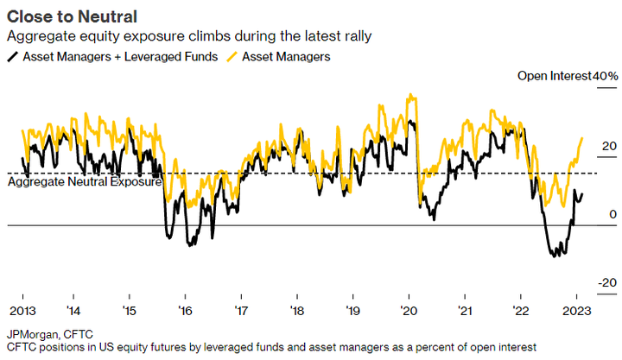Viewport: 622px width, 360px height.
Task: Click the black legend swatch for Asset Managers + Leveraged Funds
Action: [11, 57]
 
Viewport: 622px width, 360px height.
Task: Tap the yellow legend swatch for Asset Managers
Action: [231, 57]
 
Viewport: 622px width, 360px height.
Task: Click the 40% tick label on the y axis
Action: [605, 77]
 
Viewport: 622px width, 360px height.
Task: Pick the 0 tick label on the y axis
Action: [612, 214]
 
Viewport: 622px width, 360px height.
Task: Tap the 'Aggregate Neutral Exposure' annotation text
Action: [85, 182]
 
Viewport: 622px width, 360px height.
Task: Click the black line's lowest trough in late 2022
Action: [554, 256]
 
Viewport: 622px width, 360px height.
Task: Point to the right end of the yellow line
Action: [582, 137]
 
